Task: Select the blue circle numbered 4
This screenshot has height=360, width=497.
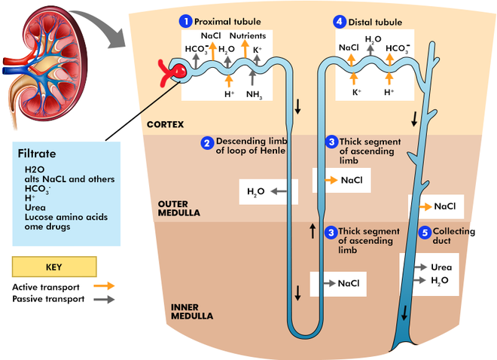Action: (x=340, y=21)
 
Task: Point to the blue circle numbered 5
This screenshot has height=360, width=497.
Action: (x=424, y=232)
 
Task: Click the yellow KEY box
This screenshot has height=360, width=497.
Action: (x=54, y=267)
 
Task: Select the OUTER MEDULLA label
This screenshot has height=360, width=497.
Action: (x=178, y=209)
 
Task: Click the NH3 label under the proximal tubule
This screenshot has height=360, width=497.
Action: (x=254, y=95)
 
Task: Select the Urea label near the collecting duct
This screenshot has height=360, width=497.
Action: (x=441, y=267)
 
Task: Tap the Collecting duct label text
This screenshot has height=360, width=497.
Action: (x=454, y=236)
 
